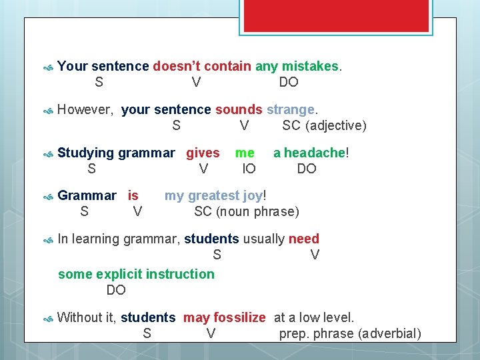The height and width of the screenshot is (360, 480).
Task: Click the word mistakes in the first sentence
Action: click(x=310, y=66)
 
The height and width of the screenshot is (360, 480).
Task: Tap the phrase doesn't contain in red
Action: click(x=201, y=66)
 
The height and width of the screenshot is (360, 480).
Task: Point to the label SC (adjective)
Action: click(x=324, y=125)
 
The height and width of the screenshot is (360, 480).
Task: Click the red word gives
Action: click(x=203, y=153)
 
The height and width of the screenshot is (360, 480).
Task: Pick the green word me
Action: click(x=245, y=153)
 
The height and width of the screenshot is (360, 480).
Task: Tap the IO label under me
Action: click(x=249, y=169)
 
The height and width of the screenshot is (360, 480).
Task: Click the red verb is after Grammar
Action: click(x=133, y=195)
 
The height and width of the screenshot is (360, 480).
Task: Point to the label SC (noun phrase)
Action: click(x=247, y=211)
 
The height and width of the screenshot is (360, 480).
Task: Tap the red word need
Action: click(x=304, y=239)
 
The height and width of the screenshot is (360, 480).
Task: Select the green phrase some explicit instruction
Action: click(x=136, y=274)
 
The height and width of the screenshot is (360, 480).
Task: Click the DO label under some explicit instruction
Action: click(x=116, y=290)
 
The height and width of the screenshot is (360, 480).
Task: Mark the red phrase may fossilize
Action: click(x=224, y=317)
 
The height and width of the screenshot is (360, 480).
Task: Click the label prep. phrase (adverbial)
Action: click(x=350, y=333)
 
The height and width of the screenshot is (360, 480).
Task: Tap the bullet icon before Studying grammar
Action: click(x=47, y=154)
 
